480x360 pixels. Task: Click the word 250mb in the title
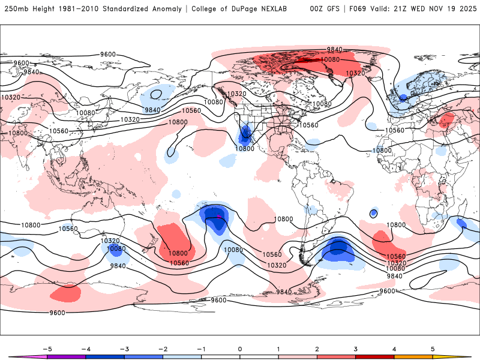15,9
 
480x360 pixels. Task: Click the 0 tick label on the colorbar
240,349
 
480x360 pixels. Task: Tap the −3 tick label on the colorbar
123,349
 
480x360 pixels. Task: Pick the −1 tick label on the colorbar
201,349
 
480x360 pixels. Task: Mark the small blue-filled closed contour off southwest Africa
374,213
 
